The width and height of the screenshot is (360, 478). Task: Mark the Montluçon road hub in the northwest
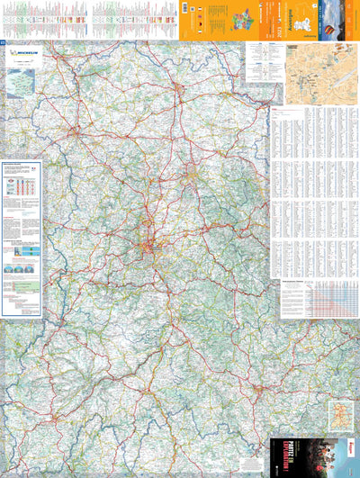(x=74, y=132)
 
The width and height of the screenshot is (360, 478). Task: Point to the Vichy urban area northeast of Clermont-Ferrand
(x=191, y=171)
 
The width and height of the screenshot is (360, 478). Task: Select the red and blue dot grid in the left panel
(x=22, y=189)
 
